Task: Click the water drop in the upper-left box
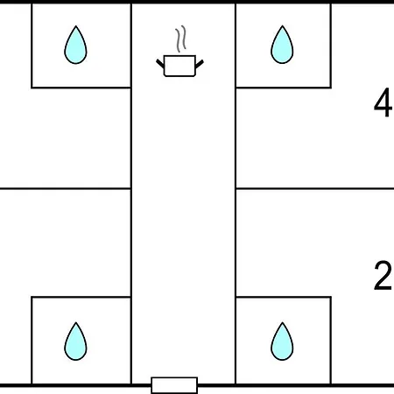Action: (75, 46)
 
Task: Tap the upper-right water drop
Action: (282, 46)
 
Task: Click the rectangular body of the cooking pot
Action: (179, 66)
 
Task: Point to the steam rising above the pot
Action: (180, 39)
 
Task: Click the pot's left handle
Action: (160, 64)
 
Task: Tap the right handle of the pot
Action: (199, 64)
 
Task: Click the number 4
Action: (383, 102)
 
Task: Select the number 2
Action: (383, 276)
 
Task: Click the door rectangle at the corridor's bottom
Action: (174, 385)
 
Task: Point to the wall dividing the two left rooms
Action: (66, 189)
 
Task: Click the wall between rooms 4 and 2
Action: (314, 189)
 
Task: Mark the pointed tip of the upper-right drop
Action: (282, 26)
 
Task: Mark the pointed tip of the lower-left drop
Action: (76, 322)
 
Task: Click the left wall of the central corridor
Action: (131, 193)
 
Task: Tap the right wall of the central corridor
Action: (236, 193)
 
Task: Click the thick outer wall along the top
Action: (197, 2)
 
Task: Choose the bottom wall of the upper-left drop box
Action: (81, 88)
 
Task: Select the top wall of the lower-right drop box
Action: (283, 297)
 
